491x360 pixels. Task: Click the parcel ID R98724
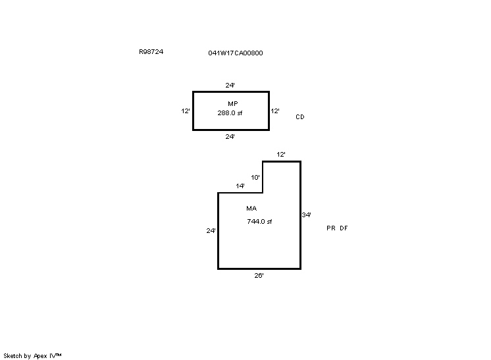pyautogui.click(x=151, y=51)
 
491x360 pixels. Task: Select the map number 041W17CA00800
pyautogui.click(x=236, y=53)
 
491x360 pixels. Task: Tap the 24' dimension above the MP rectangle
pyautogui.click(x=230, y=85)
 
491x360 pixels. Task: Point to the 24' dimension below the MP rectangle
pyautogui.click(x=230, y=136)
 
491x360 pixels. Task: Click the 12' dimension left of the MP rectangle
pyautogui.click(x=186, y=111)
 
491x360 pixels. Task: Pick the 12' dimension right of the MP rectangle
pyautogui.click(x=275, y=111)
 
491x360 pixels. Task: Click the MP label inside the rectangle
pyautogui.click(x=232, y=103)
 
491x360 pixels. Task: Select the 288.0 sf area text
pyautogui.click(x=230, y=113)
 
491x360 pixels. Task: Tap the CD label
pyautogui.click(x=300, y=116)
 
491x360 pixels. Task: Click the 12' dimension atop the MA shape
pyautogui.click(x=281, y=154)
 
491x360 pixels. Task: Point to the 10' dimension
pyautogui.click(x=255, y=178)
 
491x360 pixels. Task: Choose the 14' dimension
pyautogui.click(x=240, y=186)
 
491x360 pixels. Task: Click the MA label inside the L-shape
pyautogui.click(x=251, y=208)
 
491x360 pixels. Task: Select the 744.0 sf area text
pyautogui.click(x=259, y=222)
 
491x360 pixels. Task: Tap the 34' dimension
pyautogui.click(x=306, y=215)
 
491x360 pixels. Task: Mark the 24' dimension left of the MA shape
pyautogui.click(x=211, y=231)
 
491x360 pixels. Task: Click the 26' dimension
pyautogui.click(x=259, y=276)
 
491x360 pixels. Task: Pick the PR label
pyautogui.click(x=331, y=228)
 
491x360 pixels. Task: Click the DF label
pyautogui.click(x=344, y=228)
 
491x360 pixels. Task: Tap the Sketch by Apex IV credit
pyautogui.click(x=32, y=356)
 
